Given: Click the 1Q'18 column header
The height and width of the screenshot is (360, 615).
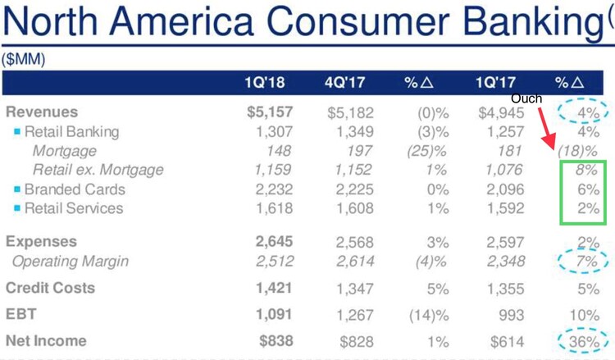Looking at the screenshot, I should (264, 83).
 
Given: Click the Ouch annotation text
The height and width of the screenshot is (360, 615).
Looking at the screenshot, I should (526, 98).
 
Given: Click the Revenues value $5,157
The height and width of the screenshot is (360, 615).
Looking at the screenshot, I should (269, 112).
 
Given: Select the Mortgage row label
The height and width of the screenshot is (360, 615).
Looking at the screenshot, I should (64, 151).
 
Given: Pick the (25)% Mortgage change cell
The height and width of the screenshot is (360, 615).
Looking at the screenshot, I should (426, 151).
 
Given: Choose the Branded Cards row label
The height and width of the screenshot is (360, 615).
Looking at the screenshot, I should (75, 189).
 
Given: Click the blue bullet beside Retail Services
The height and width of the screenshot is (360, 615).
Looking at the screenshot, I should (17, 208).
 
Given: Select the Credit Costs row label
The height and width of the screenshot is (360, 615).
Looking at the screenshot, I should (50, 288).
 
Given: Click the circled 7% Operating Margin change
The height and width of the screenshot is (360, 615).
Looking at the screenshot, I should (585, 262).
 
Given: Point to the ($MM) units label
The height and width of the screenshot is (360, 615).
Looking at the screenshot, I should (24, 59).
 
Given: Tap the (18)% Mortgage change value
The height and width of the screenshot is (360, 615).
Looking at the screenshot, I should (577, 152).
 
